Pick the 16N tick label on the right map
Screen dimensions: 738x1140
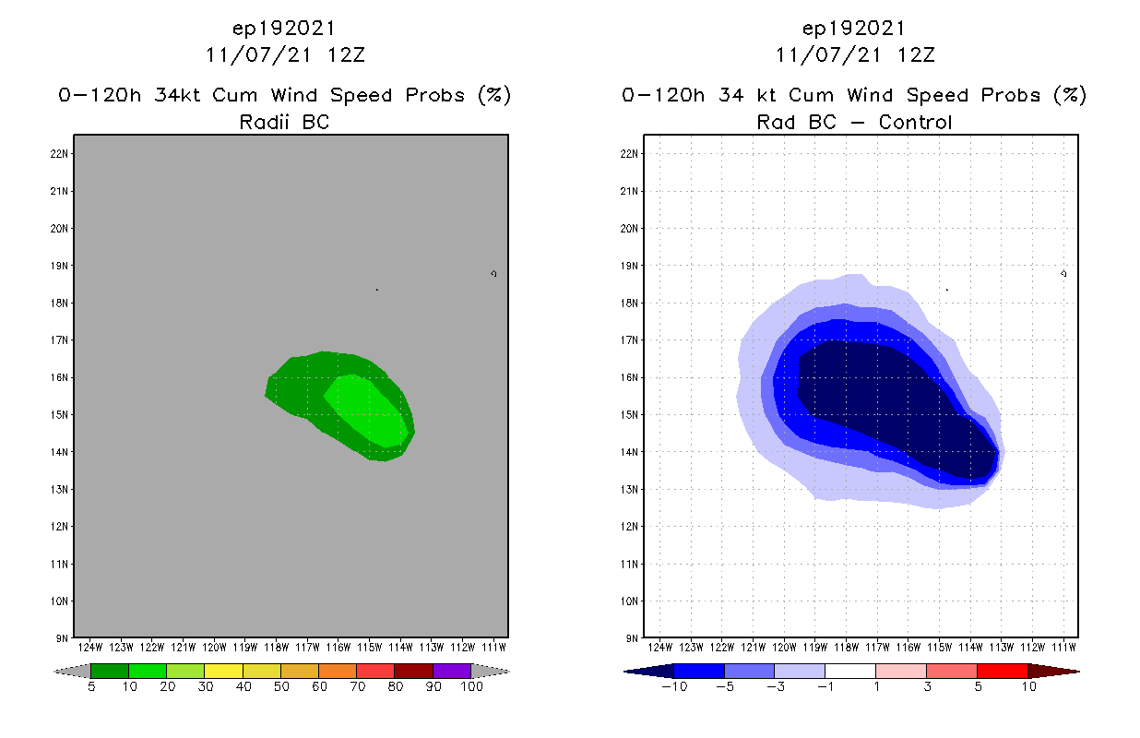pos(634,377)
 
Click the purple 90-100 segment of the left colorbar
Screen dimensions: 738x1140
pos(452,672)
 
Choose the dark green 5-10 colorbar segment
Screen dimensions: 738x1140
pos(110,672)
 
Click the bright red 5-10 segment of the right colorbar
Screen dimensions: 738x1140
pos(1002,672)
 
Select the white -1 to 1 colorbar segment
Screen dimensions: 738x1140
pos(849,672)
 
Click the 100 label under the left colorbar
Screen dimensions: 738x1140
pos(471,687)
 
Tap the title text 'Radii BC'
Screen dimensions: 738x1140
pos(284,122)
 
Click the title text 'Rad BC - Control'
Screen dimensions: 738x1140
pos(854,122)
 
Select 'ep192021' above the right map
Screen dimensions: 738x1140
pos(854,28)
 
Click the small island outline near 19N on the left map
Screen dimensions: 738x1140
pos(494,273)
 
